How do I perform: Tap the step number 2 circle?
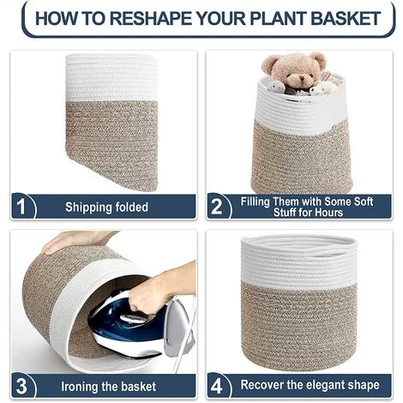point(217,207)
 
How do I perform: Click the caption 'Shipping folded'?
point(106,208)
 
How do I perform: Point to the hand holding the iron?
point(163,292)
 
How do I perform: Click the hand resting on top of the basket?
point(77,241)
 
